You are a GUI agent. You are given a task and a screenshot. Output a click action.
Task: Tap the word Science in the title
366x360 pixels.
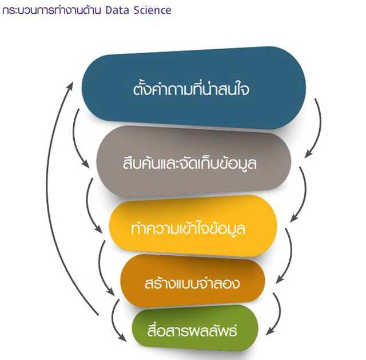(x=153, y=10)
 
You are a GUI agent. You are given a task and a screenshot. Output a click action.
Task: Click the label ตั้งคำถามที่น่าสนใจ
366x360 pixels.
(x=191, y=89)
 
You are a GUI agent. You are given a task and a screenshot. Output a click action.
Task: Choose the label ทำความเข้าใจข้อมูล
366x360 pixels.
(x=188, y=228)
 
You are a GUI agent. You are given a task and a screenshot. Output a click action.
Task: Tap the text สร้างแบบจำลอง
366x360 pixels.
(x=192, y=283)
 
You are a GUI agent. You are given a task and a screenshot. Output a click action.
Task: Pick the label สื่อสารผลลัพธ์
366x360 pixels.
(x=192, y=330)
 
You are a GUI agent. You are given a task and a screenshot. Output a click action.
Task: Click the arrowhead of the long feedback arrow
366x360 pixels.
(x=70, y=85)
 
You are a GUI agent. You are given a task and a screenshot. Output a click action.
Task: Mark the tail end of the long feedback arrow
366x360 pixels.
(x=98, y=315)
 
